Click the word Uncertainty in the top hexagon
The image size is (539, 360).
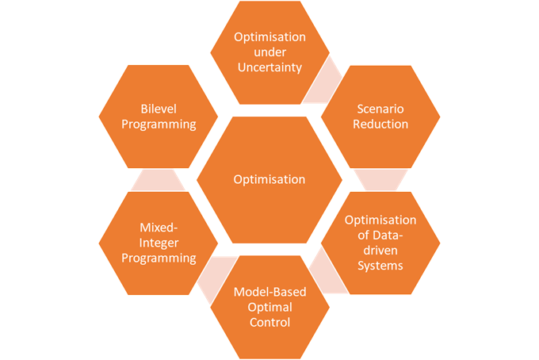coord(269,67)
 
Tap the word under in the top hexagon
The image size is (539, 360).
coord(269,52)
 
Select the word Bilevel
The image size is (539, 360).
coord(159,109)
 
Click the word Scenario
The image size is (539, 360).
coord(380,109)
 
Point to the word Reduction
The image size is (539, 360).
coord(380,124)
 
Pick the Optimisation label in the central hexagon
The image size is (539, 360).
coord(269,179)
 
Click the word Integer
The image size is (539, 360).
coord(159,243)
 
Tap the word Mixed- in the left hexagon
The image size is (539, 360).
coord(159,228)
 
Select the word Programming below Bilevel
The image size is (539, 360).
coord(159,124)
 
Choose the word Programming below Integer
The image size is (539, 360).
coord(159,259)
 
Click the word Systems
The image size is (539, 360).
coord(380,266)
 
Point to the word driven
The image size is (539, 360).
coord(380,251)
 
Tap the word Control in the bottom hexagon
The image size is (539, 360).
coord(269,323)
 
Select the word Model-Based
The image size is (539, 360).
coord(269,292)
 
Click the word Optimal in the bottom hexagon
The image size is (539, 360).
coord(269,308)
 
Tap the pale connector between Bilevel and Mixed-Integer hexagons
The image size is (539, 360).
coord(158,180)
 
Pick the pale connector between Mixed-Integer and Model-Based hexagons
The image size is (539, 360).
coord(217,277)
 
